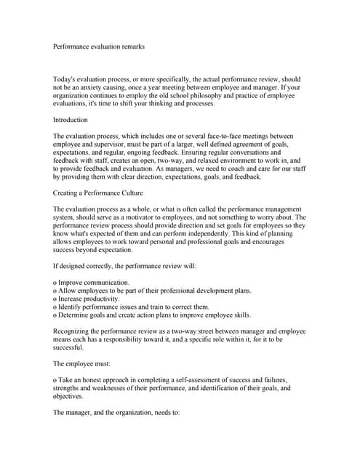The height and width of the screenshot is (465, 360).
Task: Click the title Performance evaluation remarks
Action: tap(99, 46)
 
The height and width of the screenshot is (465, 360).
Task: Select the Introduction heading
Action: tap(71, 120)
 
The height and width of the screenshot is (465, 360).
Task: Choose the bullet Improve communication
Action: tap(92, 282)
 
